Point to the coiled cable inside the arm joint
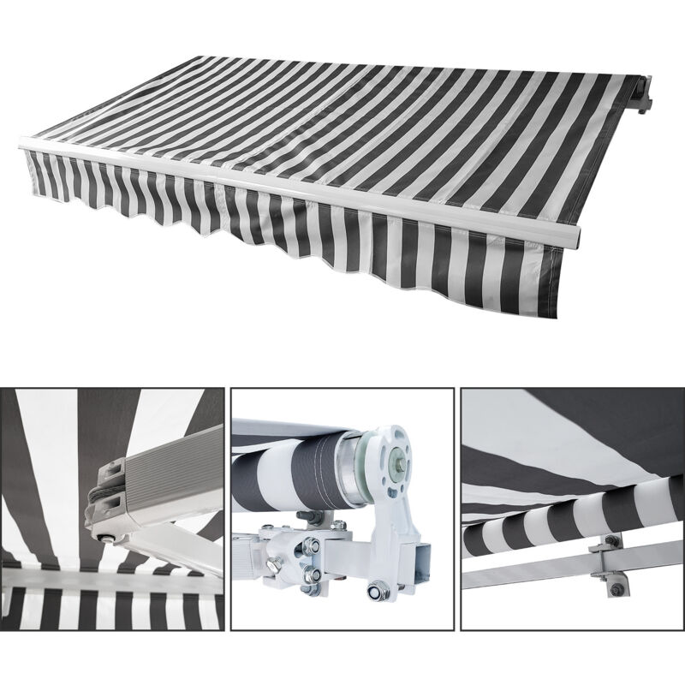[96, 502]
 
